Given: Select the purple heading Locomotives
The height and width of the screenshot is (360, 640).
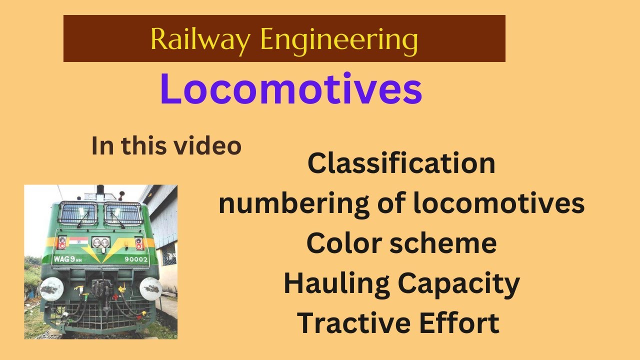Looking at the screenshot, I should click(291, 90).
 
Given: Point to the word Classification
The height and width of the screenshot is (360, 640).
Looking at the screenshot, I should click(401, 163).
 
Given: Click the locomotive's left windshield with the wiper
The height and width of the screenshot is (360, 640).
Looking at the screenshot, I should click(77, 213).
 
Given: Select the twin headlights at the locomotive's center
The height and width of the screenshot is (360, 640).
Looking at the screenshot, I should click(100, 243).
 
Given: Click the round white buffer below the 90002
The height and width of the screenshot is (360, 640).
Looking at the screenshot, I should click(150, 289).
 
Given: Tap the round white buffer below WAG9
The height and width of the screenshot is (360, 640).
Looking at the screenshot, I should click(51, 289).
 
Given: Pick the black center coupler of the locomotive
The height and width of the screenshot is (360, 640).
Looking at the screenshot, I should click(102, 289).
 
